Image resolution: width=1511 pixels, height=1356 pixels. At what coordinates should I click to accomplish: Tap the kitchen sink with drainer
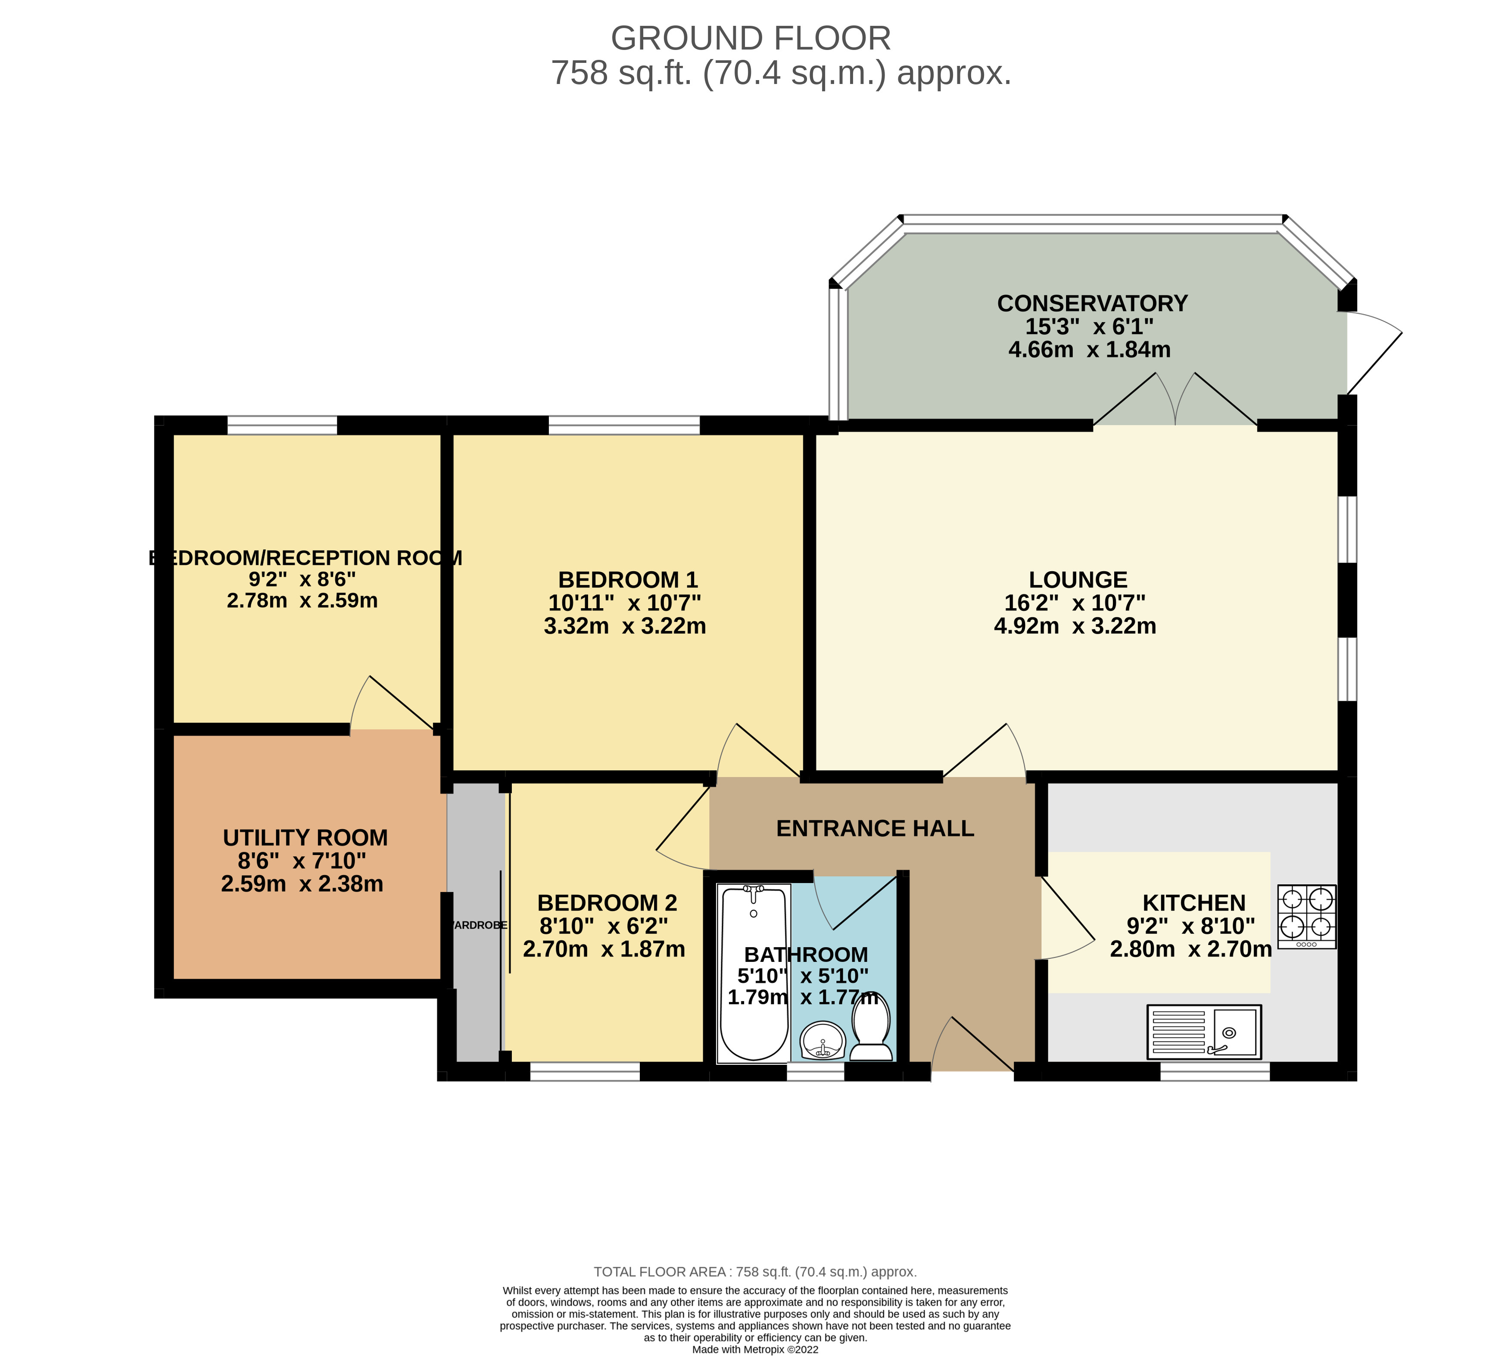pyautogui.click(x=1203, y=1032)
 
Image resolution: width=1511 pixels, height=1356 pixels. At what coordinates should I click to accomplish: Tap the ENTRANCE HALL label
pyautogui.click(x=875, y=828)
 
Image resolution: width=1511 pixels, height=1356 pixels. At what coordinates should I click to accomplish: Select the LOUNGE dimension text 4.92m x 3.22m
pyautogui.click(x=1075, y=626)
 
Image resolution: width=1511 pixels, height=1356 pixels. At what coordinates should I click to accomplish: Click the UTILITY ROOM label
pyautogui.click(x=305, y=837)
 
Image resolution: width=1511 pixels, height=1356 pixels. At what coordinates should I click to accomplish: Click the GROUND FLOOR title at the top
pyautogui.click(x=750, y=38)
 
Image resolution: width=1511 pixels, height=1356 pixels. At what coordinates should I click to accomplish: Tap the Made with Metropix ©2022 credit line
pyautogui.click(x=755, y=1349)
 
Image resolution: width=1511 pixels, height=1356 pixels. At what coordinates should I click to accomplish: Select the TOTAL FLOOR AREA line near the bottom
pyautogui.click(x=755, y=1272)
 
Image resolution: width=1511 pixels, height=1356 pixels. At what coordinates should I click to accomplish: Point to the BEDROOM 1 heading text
pyautogui.click(x=627, y=580)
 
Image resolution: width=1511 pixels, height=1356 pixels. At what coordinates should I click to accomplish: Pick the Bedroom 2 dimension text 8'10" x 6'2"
pyautogui.click(x=604, y=926)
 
